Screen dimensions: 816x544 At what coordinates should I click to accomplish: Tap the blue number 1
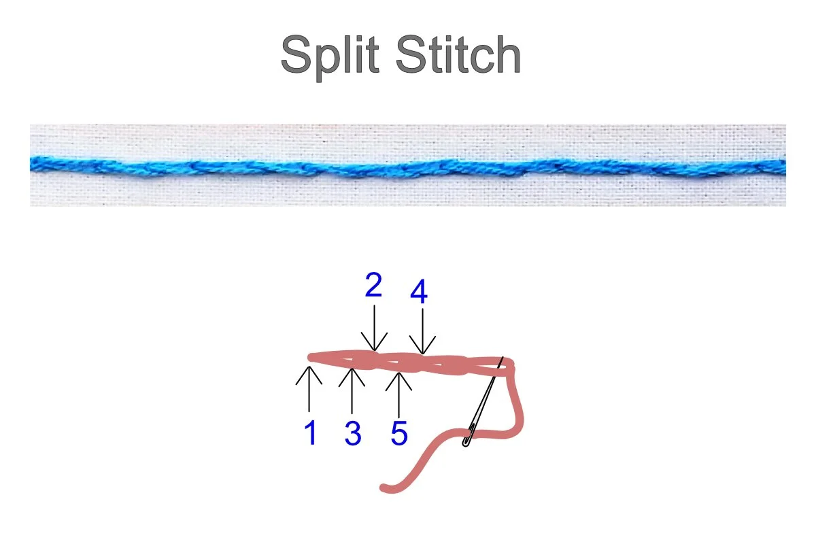click(x=311, y=433)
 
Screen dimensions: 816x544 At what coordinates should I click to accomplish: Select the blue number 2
click(x=373, y=286)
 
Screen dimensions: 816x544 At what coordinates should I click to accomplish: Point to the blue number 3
click(x=352, y=433)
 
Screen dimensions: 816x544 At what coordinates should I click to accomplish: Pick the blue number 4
click(x=419, y=292)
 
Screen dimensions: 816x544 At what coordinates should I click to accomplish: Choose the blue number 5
click(x=399, y=433)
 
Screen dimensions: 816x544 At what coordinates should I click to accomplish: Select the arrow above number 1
click(x=309, y=388)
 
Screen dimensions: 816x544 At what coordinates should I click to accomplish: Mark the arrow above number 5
click(x=399, y=394)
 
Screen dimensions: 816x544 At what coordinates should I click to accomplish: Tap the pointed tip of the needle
click(x=503, y=358)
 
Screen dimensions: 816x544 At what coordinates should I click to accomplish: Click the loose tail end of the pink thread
click(x=385, y=488)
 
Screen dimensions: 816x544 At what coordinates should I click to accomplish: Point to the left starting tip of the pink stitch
click(x=311, y=357)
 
